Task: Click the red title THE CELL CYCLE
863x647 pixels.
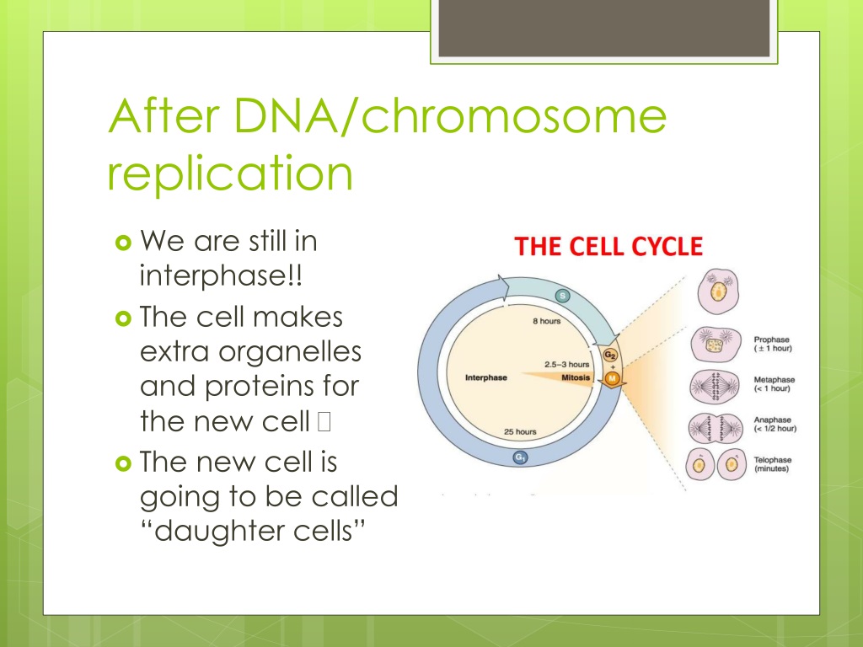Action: click(x=608, y=246)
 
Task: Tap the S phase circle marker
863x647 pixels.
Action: click(x=562, y=296)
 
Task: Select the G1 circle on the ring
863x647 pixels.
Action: click(x=520, y=457)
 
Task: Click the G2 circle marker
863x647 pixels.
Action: click(x=610, y=355)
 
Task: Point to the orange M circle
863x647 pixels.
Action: click(x=612, y=378)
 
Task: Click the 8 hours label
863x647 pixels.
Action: click(x=546, y=321)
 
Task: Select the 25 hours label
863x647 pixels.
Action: click(x=520, y=431)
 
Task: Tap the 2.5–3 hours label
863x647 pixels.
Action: click(x=567, y=364)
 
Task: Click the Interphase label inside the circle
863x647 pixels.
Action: click(x=486, y=377)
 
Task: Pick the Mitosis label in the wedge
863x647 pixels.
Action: click(x=576, y=377)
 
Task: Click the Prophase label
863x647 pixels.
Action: click(x=772, y=340)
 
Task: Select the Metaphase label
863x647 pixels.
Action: click(x=775, y=380)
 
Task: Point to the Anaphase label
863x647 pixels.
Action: click(x=772, y=420)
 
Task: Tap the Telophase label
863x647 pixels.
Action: click(x=773, y=460)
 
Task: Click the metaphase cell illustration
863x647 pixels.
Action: click(x=715, y=386)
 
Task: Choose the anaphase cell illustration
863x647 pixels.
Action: click(x=716, y=427)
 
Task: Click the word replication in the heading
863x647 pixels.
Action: click(x=229, y=174)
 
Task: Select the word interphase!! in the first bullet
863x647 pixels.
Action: click(x=222, y=275)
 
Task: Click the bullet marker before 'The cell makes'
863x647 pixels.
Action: click(x=123, y=318)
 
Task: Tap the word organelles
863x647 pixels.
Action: click(x=290, y=352)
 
